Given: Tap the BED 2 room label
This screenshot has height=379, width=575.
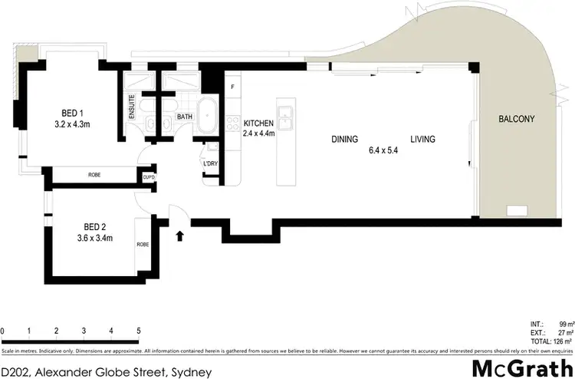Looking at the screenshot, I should [x=97, y=226].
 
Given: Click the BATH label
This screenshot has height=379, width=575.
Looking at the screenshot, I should [x=185, y=117].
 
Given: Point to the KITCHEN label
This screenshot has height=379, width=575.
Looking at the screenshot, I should [x=258, y=123].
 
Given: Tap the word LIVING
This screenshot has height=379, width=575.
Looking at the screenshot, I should [x=422, y=140].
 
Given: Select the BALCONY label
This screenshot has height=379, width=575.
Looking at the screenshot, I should [x=516, y=119].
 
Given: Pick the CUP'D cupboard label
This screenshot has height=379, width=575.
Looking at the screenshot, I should [x=149, y=178].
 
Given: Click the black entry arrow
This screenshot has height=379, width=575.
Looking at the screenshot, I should [x=181, y=236].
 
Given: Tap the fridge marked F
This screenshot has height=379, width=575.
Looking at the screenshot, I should [x=233, y=86].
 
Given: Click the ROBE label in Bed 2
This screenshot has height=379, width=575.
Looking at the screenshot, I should [x=143, y=244].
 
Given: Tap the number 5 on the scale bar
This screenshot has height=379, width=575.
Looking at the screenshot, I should [x=139, y=331].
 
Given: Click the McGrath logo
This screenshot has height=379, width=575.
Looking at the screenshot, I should [x=519, y=366].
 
